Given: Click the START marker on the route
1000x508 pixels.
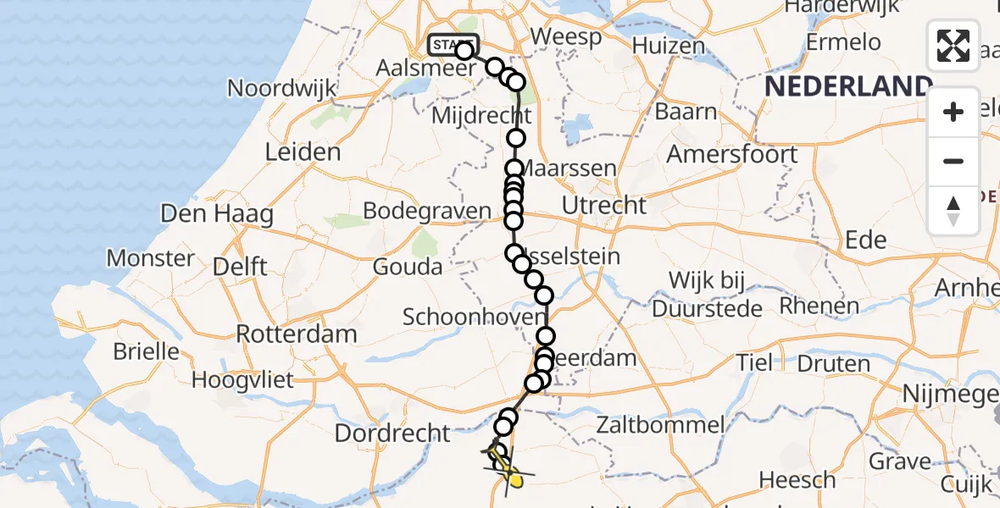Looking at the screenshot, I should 453,45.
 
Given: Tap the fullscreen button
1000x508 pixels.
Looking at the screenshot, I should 953,46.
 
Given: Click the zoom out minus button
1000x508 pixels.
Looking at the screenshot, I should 953,161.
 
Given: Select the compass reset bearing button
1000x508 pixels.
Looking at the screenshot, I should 953,210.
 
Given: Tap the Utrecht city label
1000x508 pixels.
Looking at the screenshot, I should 604,205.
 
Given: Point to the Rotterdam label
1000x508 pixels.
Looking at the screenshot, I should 296,334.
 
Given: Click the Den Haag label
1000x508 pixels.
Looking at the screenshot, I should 217,213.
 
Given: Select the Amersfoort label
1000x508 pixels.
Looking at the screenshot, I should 732,154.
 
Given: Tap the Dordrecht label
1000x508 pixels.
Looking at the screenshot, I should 392,433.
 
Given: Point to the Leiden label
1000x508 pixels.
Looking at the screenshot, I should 303,152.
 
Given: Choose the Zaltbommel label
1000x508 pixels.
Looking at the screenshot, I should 661,425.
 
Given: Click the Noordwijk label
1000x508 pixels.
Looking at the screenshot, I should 281,88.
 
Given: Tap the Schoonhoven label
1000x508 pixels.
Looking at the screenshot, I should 475,317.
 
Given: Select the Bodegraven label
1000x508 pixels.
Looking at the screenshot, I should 427,211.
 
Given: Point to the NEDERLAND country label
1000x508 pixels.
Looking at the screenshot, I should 848,86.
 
